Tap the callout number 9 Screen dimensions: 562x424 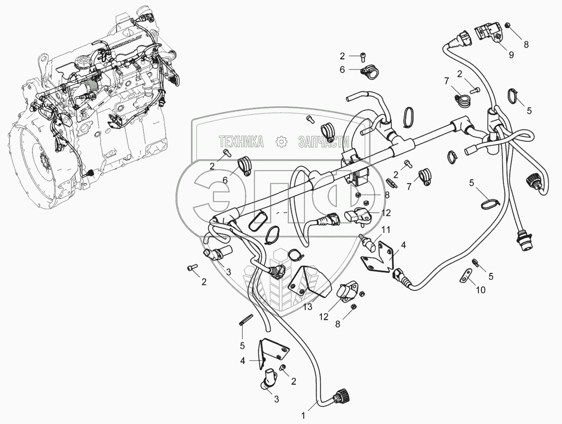click(x=512, y=55)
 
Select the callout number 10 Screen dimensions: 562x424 click(x=481, y=290)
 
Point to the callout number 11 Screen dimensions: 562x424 click(x=386, y=230)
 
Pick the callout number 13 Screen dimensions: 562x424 click(x=308, y=307)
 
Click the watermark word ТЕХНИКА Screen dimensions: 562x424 click(x=241, y=142)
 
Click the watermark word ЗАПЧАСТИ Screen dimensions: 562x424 click(x=324, y=142)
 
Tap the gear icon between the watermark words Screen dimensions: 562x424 click(x=281, y=142)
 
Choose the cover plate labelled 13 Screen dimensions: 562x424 click(x=310, y=282)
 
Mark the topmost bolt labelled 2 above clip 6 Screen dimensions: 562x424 click(x=363, y=57)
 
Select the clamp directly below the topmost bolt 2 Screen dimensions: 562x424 click(x=370, y=72)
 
